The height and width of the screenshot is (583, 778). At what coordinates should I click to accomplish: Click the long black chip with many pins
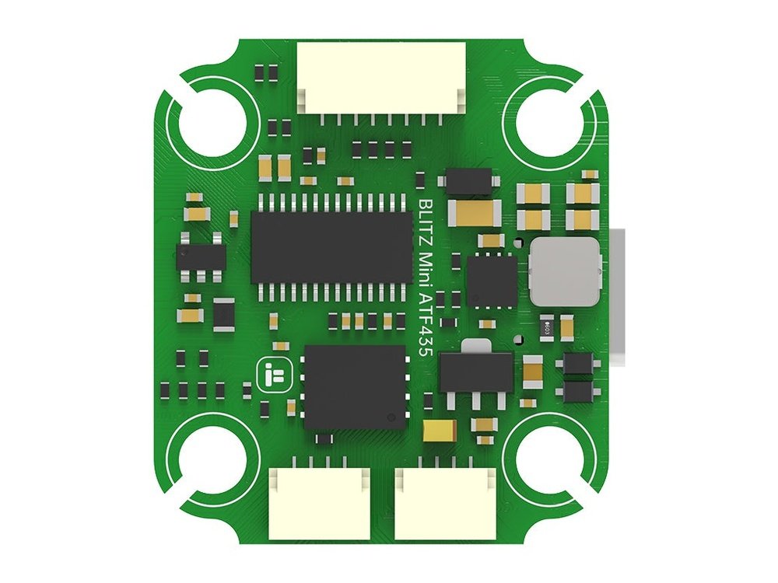click(331, 248)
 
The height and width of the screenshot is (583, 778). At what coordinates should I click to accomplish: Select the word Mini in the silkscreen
click(426, 267)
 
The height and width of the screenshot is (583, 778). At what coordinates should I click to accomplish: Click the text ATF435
click(426, 323)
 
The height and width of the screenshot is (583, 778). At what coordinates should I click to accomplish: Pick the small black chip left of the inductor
click(492, 280)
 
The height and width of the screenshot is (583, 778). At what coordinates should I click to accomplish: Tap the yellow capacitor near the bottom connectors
click(433, 430)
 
